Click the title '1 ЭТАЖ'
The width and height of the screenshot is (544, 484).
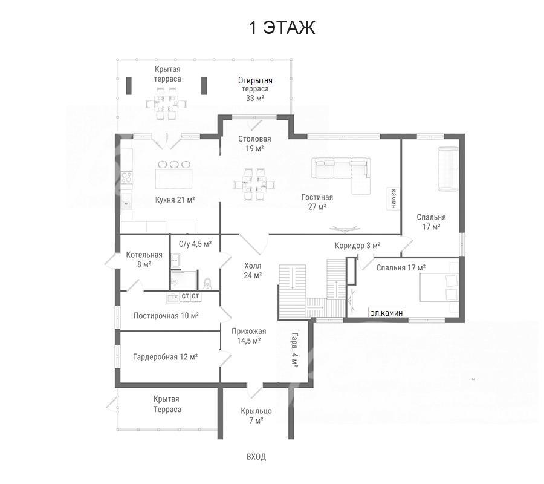(x=282, y=27)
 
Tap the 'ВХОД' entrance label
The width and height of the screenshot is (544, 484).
(x=256, y=457)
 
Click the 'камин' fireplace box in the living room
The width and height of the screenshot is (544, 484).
(x=393, y=198)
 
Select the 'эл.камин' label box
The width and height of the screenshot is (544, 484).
(x=386, y=313)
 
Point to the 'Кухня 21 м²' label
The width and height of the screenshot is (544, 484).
(x=175, y=200)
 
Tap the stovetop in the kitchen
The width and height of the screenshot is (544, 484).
(x=127, y=177)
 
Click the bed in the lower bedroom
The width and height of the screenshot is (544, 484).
(x=439, y=287)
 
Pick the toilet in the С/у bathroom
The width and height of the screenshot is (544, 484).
(x=207, y=284)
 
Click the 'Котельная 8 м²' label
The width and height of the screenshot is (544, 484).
(x=144, y=260)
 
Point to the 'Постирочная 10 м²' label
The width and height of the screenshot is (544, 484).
(x=166, y=316)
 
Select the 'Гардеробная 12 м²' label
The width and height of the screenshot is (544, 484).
(x=166, y=357)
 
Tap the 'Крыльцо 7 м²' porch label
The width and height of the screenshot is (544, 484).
(x=256, y=416)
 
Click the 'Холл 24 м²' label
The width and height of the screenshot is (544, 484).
(x=253, y=271)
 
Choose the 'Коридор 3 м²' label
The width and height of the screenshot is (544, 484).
(x=357, y=246)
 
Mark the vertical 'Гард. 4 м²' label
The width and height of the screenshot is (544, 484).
(x=294, y=349)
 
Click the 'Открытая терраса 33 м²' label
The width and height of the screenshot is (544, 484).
(x=255, y=89)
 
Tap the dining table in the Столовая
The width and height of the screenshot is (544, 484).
(x=254, y=184)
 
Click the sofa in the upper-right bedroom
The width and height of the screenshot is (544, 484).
(x=448, y=169)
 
